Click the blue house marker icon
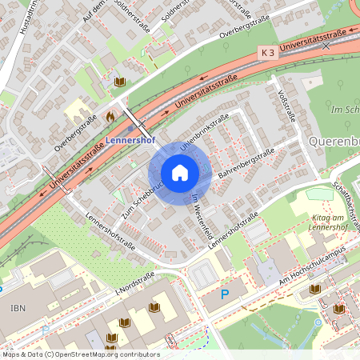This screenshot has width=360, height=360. coord(179,173)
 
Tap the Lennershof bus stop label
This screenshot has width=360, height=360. coord(129,139)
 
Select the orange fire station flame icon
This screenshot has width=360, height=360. coord(110,116)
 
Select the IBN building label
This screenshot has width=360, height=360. coord(18,308)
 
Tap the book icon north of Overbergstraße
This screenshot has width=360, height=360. coord(120,82)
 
